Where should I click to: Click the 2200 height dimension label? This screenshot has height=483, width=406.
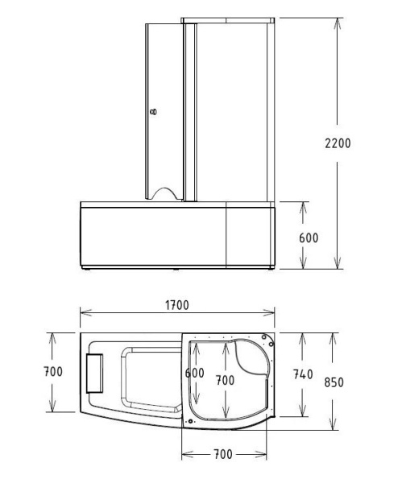(338, 142)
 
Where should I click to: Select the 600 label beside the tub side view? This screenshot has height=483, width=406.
(309, 238)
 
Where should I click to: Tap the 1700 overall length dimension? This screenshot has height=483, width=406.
(176, 306)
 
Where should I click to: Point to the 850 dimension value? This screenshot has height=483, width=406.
(332, 382)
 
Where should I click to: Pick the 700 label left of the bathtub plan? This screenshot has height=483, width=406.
(53, 373)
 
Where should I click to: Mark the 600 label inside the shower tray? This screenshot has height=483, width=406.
(194, 374)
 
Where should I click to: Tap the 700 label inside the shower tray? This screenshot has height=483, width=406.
(225, 379)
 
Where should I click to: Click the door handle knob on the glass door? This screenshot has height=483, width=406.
(155, 113)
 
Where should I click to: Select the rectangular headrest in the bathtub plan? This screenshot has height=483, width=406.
(96, 374)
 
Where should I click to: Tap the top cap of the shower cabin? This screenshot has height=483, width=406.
(230, 19)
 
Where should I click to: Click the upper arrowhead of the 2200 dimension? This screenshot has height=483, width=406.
(338, 22)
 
